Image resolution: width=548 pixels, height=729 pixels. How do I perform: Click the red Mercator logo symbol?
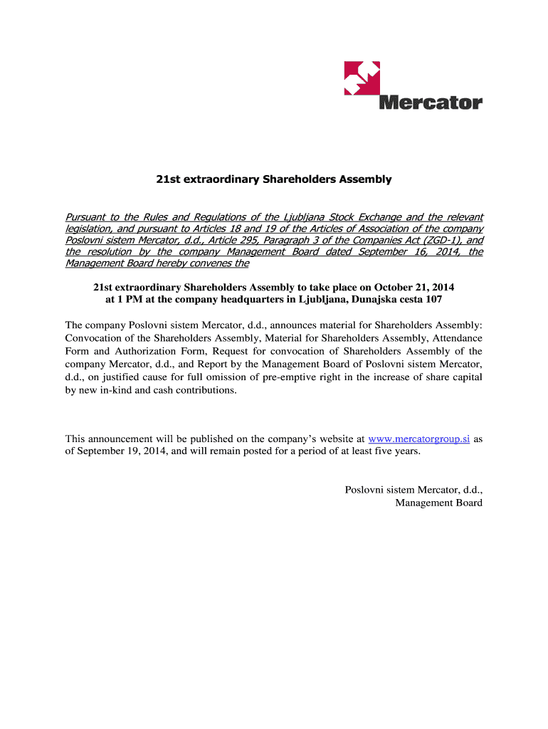[x=362, y=78]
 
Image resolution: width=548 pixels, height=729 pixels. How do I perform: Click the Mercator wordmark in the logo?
[x=431, y=103]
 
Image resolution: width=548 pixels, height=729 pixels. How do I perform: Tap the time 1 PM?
[x=121, y=300]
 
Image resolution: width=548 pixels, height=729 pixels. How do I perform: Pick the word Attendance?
[x=456, y=337]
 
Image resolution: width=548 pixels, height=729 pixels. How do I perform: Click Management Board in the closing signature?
[x=438, y=503]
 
